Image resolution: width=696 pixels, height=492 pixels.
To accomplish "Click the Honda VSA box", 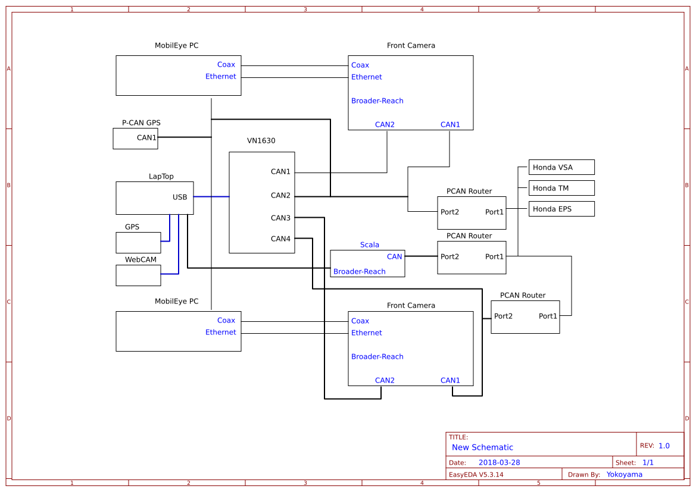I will coord(561,167).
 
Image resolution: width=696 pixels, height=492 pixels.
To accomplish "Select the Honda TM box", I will coord(561,188).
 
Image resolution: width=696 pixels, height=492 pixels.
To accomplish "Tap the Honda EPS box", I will coord(561,209).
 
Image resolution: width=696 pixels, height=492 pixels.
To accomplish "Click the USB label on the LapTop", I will coord(180,198).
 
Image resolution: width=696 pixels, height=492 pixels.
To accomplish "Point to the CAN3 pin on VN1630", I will coord(280,218).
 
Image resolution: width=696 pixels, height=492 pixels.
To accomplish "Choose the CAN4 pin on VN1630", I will coord(280,239).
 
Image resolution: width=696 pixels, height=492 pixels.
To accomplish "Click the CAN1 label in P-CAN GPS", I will coord(146,138).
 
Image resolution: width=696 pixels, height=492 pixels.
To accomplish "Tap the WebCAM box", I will coord(138,275).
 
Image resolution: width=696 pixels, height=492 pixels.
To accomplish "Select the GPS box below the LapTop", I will coord(138,243).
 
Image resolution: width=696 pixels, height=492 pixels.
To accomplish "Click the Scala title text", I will coord(369,245).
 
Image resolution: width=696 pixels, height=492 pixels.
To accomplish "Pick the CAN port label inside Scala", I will coord(394,257).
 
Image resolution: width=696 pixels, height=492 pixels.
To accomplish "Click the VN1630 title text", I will coord(261,141).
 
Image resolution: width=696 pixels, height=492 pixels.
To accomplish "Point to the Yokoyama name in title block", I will coord(624,475).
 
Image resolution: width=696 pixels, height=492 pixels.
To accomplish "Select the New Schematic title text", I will coord(482,447).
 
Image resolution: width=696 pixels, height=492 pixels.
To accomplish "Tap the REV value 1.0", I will coord(664,446).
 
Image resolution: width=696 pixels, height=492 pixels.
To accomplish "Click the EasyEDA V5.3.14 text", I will coord(476,475).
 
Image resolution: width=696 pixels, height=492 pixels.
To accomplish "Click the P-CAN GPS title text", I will coord(141,123).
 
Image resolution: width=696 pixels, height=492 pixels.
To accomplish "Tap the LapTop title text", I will coord(161,177).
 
